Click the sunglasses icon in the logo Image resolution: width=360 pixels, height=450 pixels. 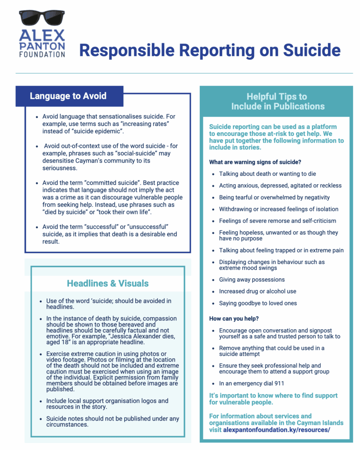42,19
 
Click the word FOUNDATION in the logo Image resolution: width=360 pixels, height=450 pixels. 42,54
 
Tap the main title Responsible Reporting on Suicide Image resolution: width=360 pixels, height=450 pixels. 209,50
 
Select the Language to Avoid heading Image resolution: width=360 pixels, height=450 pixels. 68,96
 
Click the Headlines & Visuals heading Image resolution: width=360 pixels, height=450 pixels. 108,283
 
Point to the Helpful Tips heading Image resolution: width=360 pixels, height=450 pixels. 277,101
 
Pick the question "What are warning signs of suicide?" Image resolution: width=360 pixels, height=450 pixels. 255,162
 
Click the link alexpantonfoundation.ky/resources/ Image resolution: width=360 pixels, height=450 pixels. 276,430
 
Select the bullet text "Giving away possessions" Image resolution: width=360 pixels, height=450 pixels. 252,279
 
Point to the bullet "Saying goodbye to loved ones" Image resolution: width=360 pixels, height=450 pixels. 258,303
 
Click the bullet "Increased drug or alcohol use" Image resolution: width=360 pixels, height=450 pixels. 258,291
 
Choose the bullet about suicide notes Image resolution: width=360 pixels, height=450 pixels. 112,421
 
